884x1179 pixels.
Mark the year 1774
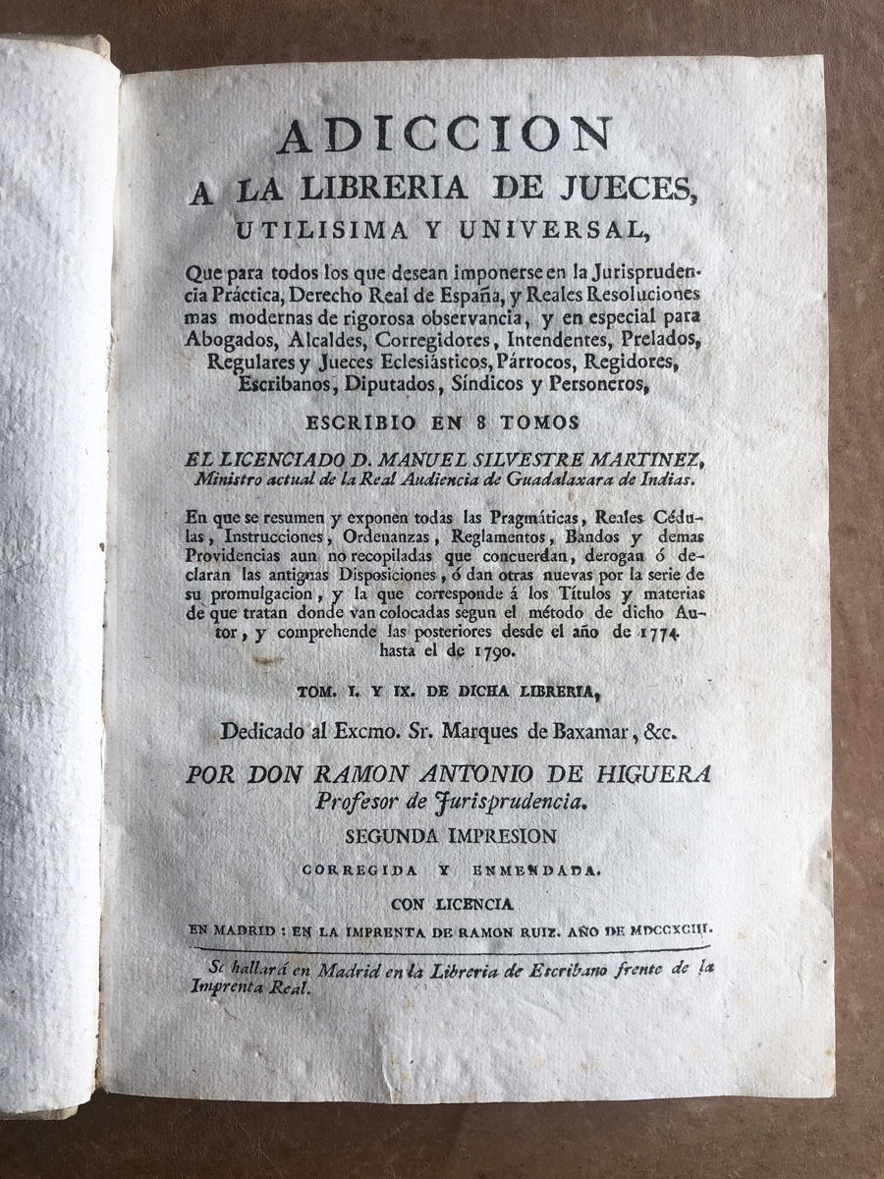click(683, 634)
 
